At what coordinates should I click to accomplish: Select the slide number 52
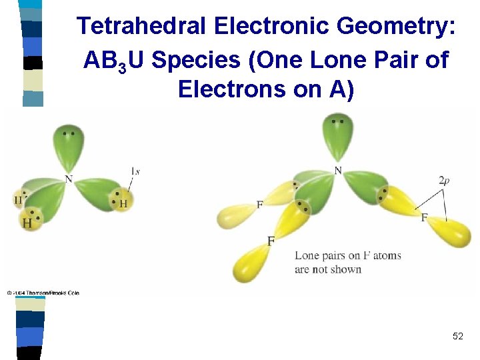pos(457,336)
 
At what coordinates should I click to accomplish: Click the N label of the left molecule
pos(68,179)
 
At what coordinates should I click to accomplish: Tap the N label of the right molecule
pos(337,171)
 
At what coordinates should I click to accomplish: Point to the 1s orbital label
pos(135,171)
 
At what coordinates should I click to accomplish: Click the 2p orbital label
pos(445,180)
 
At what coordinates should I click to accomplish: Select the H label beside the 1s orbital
pos(123,203)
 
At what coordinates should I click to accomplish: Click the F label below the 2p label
pos(424,217)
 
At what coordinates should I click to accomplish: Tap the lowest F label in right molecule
pos(271,241)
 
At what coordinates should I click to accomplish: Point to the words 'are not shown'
pos(328,269)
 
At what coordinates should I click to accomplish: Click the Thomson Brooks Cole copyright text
pos(43,293)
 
